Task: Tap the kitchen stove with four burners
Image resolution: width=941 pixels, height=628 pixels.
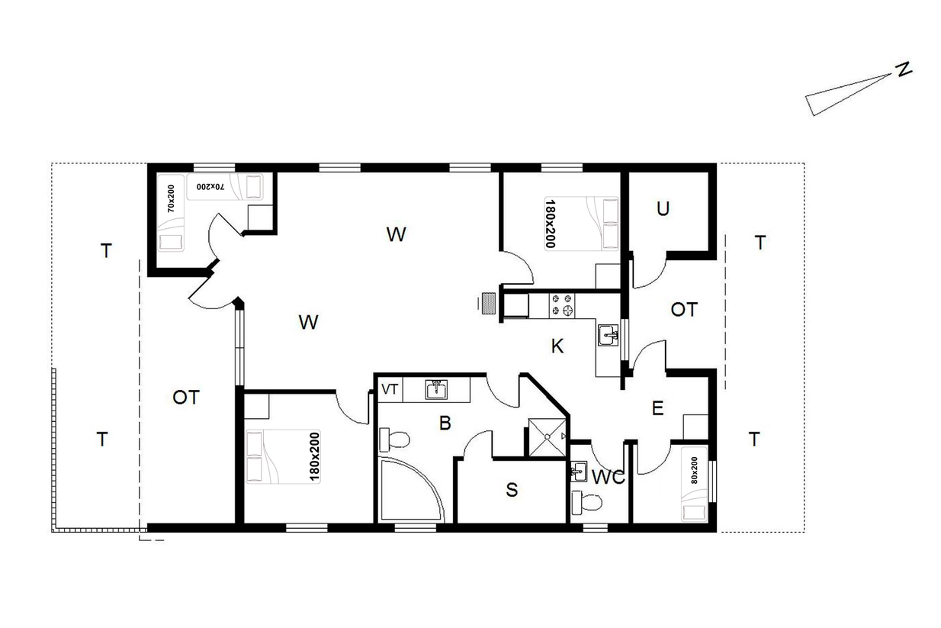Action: coord(562,305)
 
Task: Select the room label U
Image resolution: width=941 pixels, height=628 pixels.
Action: coord(663,208)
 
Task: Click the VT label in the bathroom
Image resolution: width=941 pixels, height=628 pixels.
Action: coord(390,389)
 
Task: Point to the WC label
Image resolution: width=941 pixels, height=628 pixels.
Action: coord(608,477)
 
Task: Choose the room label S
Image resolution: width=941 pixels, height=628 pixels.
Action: coord(512,490)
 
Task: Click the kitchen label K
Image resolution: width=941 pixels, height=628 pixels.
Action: coord(557,346)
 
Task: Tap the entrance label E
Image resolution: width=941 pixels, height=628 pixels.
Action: coord(657,408)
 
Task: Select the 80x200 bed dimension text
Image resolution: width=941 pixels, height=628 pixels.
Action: coord(694,470)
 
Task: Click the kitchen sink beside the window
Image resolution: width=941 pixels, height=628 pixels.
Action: coord(608,335)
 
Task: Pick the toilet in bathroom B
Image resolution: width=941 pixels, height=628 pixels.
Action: coord(394,440)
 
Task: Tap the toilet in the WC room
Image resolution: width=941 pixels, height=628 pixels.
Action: coord(586,502)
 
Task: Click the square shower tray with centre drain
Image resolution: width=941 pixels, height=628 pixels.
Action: coord(547,437)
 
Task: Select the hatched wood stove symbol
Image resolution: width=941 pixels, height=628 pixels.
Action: coord(489,303)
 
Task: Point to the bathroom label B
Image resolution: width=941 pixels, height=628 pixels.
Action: coord(445,423)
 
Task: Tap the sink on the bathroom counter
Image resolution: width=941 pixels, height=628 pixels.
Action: coord(436,390)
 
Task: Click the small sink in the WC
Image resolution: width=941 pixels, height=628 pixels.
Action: coord(579,472)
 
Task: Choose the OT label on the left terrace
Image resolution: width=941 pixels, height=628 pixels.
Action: coord(185,398)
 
